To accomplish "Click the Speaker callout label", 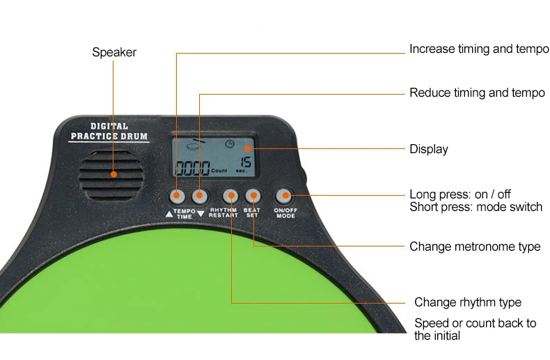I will [114, 52].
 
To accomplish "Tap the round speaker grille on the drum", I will [112, 173].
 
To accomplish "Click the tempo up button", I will [178, 196].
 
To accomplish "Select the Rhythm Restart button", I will [230, 196].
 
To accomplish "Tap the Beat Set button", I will [253, 196].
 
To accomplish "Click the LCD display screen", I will [214, 158].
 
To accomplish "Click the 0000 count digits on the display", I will [191, 168].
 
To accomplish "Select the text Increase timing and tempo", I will [478, 49].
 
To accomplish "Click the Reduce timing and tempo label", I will [477, 93].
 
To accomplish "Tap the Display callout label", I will [428, 149].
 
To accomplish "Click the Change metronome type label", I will [474, 246].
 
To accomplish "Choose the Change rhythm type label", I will [467, 302].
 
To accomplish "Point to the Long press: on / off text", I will [459, 194].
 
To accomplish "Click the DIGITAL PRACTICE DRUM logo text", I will [109, 132].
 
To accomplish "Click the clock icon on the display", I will [229, 144].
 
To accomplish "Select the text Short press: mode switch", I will [476, 207].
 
